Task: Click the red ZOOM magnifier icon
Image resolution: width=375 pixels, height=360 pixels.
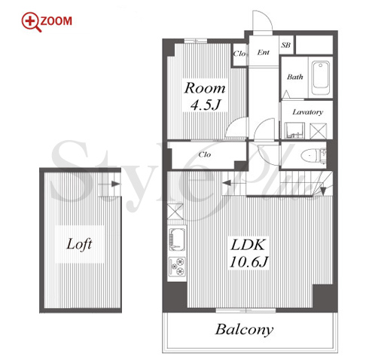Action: click(x=32, y=23)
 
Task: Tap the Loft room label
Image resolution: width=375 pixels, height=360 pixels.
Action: click(x=79, y=244)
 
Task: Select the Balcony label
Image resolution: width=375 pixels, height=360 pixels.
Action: click(x=244, y=330)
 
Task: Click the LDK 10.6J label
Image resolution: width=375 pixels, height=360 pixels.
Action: click(x=248, y=253)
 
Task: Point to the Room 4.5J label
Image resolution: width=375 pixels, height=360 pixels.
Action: click(x=205, y=96)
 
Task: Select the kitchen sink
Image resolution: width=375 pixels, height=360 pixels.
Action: click(x=177, y=239)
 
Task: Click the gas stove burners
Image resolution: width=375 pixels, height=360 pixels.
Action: click(x=178, y=267)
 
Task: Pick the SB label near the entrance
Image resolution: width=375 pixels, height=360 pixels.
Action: click(x=286, y=45)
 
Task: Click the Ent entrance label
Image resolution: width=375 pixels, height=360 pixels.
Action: click(x=264, y=52)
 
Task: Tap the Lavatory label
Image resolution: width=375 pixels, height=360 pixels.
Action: click(x=307, y=112)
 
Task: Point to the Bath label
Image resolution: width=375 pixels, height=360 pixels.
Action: click(x=295, y=77)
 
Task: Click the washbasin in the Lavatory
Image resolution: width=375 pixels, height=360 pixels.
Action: click(x=294, y=130)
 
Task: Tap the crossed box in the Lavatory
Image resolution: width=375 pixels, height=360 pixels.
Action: click(x=319, y=131)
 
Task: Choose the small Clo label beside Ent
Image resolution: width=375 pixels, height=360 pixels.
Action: click(x=239, y=53)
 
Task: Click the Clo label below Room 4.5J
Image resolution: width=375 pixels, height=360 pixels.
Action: click(x=205, y=154)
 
